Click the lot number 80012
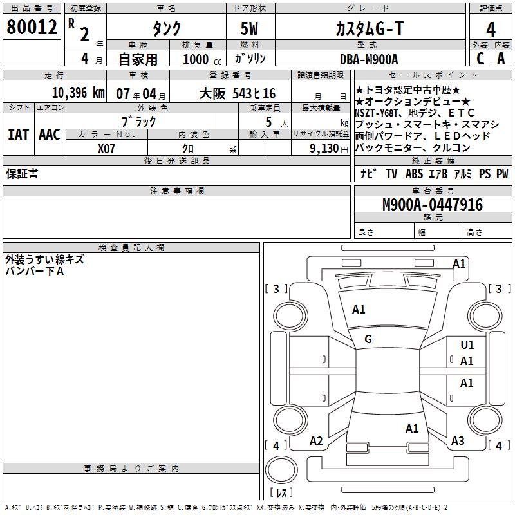[x=32, y=28]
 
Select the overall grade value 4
[x=491, y=29]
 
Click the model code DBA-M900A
[x=369, y=59]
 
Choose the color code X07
[x=107, y=147]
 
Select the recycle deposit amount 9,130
[x=321, y=147]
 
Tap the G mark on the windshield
[x=368, y=339]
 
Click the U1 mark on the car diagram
[x=467, y=346]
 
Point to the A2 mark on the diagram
[x=316, y=441]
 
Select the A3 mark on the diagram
[x=458, y=441]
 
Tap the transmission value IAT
[x=19, y=134]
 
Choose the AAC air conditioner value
[x=50, y=134]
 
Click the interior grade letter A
[x=501, y=59]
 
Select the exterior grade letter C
[x=480, y=59]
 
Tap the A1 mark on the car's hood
[x=359, y=310]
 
